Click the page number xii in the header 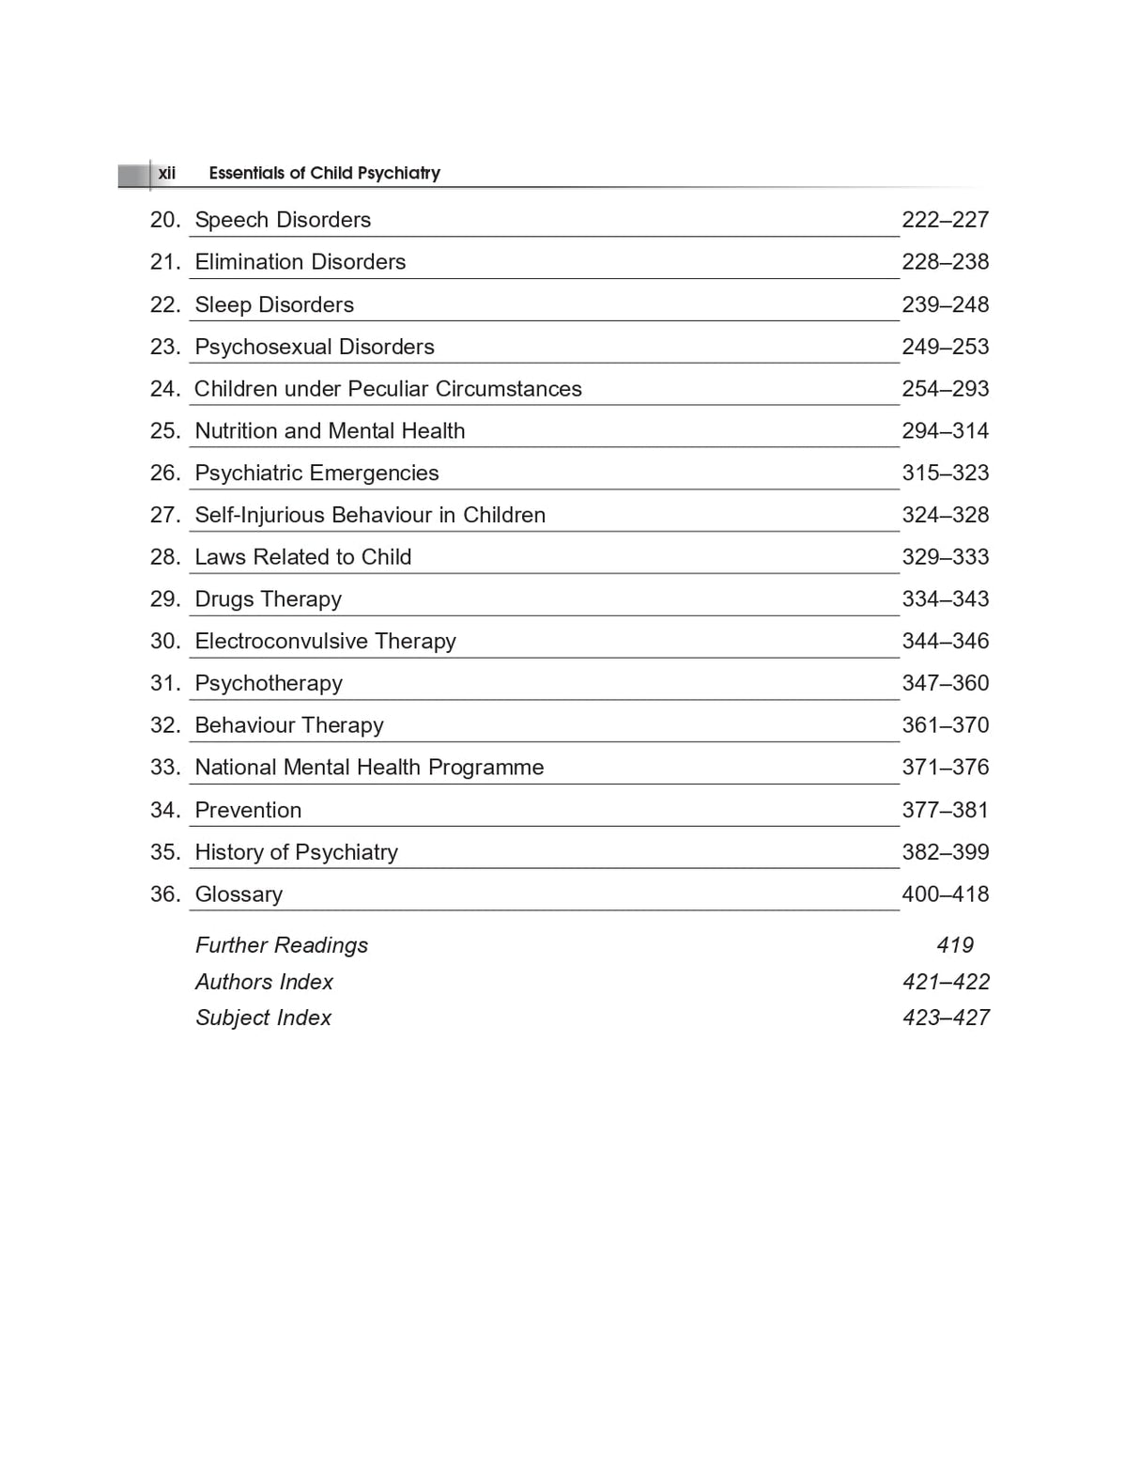tap(166, 173)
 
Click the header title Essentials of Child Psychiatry tap(324, 173)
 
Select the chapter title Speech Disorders tap(283, 220)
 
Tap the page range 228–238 tap(945, 262)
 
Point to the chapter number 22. tap(164, 304)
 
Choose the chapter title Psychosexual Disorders tap(315, 347)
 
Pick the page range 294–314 tap(945, 431)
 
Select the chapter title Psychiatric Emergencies tap(316, 473)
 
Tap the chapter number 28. tap(164, 557)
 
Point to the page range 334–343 tap(945, 599)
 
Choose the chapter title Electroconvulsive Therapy tap(325, 642)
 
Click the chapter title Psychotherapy tap(269, 684)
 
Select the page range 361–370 tap(945, 725)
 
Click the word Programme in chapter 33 tap(485, 768)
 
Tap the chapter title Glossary tap(239, 894)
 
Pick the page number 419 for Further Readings tap(954, 945)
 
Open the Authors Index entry tap(264, 982)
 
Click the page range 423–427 tap(946, 1018)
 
